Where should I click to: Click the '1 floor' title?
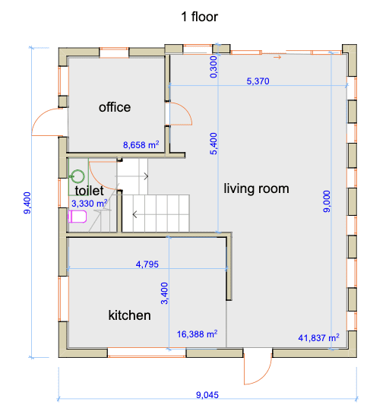(199, 17)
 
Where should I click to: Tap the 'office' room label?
(115, 107)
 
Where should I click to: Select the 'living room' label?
(256, 188)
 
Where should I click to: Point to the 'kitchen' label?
(130, 315)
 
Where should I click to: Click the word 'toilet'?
(89, 191)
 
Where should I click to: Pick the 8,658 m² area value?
(141, 144)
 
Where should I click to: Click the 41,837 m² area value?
(319, 338)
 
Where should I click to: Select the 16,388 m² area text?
(198, 334)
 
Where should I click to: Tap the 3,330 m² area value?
(90, 203)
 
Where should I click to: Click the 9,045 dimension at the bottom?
(207, 395)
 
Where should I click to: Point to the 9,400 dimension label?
(27, 203)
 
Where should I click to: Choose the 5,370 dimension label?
(258, 81)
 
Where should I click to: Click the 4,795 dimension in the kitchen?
(147, 264)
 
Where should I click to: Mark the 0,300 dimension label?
(213, 67)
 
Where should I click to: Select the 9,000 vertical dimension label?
(327, 201)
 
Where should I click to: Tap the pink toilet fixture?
(77, 217)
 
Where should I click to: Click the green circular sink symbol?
(77, 176)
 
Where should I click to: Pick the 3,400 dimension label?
(165, 293)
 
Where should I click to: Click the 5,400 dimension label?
(213, 144)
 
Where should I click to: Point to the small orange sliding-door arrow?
(277, 57)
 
